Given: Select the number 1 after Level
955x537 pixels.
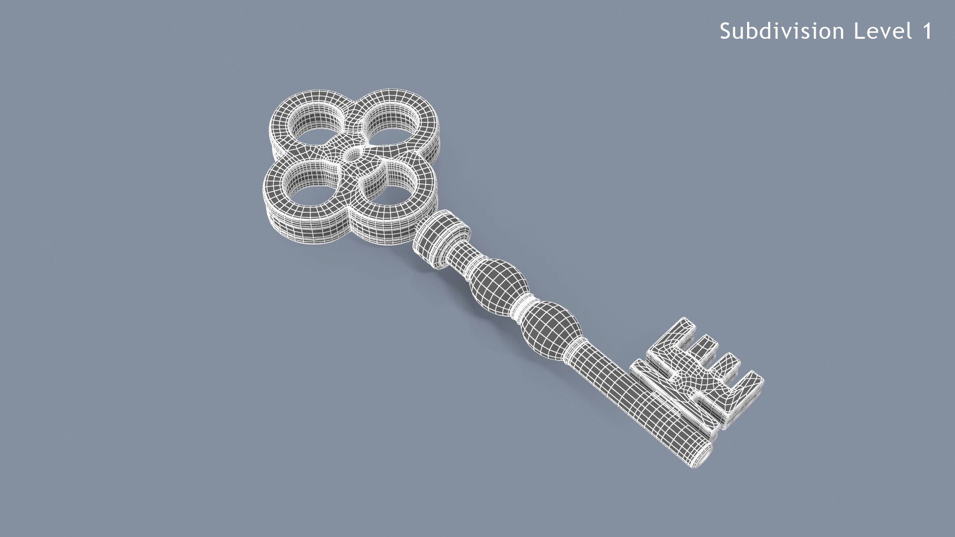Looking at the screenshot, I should click(x=927, y=31).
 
